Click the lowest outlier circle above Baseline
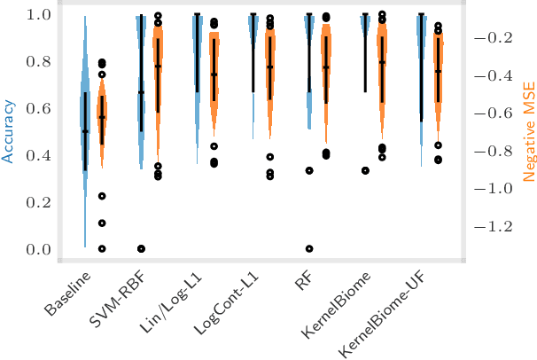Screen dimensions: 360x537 (102, 249)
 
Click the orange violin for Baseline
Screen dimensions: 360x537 (102, 115)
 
